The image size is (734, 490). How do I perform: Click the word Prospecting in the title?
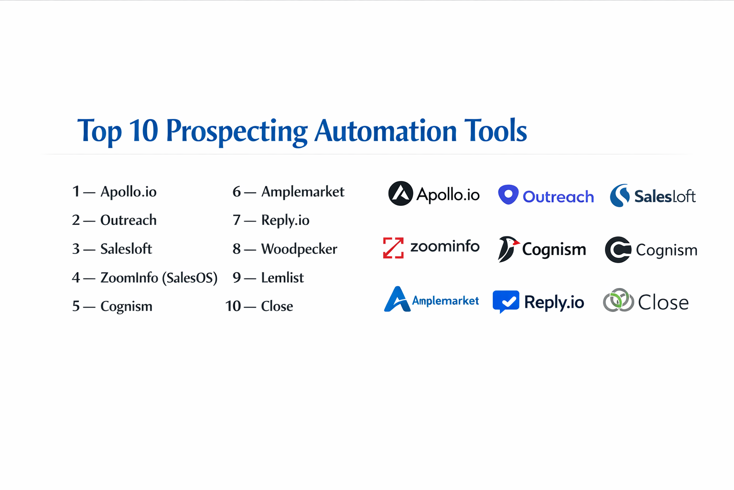(237, 131)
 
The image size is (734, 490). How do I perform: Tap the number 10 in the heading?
(143, 130)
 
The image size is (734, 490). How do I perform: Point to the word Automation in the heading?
(386, 130)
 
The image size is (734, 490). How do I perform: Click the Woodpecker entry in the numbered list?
(299, 249)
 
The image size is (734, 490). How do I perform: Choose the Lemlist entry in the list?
(282, 278)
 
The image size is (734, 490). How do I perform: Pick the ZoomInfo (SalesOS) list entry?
(159, 278)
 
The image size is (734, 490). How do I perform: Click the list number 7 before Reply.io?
(237, 220)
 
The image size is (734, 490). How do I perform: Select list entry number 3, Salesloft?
(126, 249)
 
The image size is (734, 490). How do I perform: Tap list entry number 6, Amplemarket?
(302, 192)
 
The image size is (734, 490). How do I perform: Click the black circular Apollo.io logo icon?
(400, 194)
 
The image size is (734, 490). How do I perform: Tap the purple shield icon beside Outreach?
(508, 195)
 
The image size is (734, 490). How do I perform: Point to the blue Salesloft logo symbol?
(620, 195)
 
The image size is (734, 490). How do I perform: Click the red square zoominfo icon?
(393, 248)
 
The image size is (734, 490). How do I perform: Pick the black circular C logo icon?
(618, 250)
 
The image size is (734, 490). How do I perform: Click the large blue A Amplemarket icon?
(397, 300)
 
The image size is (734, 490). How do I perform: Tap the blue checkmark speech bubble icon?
(506, 301)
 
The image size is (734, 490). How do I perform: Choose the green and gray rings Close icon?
(618, 301)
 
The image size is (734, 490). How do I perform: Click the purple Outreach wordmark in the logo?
(558, 197)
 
